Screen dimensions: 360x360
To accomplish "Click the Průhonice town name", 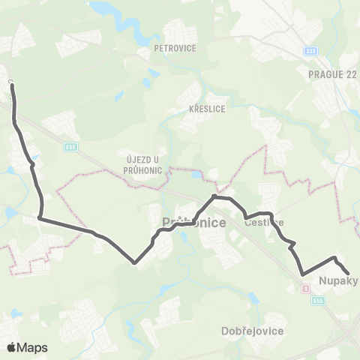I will (184, 223).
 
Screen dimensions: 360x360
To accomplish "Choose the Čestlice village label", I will (264, 222).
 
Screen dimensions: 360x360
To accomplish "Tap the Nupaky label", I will (338, 282).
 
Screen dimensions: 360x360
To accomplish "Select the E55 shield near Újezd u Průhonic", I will (70, 147).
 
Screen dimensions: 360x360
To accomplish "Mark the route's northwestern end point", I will (12, 85).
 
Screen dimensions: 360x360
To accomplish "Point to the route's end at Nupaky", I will (346, 273).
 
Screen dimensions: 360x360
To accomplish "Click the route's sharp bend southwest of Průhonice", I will (134, 262).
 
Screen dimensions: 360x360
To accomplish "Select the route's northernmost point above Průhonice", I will (215, 196).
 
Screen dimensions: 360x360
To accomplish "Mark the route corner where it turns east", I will (40, 219).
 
